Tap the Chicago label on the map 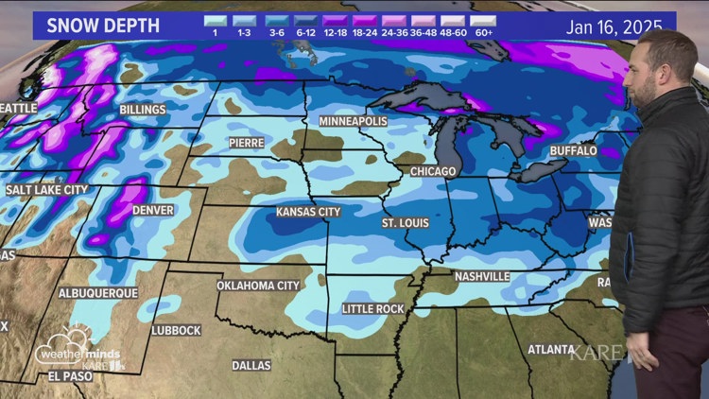[x=433, y=171]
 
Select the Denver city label [x=152, y=209]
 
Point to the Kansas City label [x=307, y=212]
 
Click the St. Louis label [x=405, y=223]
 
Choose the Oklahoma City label [x=258, y=285]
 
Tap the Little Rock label [x=373, y=309]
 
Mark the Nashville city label [x=481, y=276]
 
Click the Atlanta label [x=550, y=349]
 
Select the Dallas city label [x=251, y=365]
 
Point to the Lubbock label [x=176, y=330]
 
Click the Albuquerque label [x=98, y=293]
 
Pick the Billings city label [x=142, y=110]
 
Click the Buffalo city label [x=573, y=150]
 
